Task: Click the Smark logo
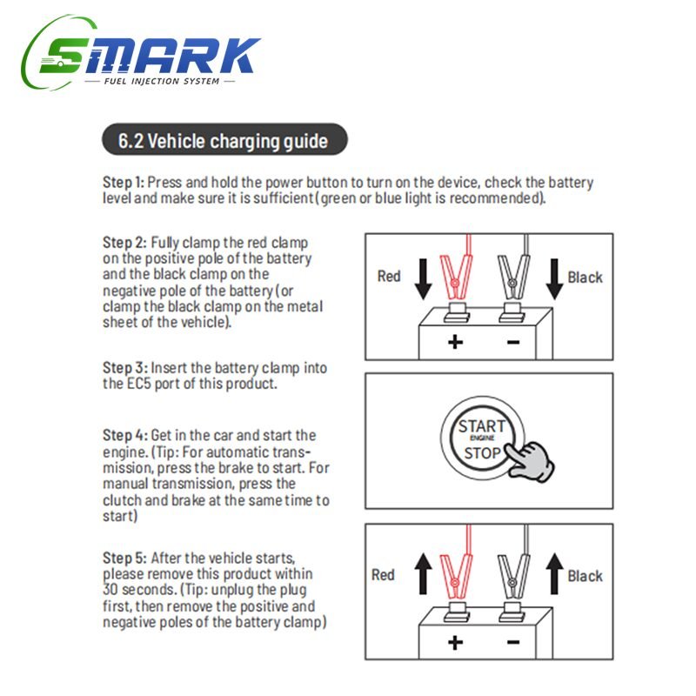click(x=141, y=53)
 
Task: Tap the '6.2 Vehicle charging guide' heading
click(x=224, y=140)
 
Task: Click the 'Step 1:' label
click(x=124, y=183)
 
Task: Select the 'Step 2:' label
click(x=124, y=243)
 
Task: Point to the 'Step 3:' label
click(x=124, y=368)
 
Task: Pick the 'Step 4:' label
click(x=124, y=436)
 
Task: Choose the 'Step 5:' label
click(x=124, y=558)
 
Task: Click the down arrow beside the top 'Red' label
click(x=423, y=279)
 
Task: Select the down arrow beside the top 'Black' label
click(x=554, y=279)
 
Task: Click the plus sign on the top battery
click(x=455, y=342)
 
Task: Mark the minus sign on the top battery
click(x=513, y=342)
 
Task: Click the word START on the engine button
click(x=482, y=426)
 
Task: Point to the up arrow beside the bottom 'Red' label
click(x=423, y=573)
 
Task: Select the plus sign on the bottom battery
click(x=455, y=642)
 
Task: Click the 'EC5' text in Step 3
click(x=139, y=384)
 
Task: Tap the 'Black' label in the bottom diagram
click(x=585, y=576)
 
